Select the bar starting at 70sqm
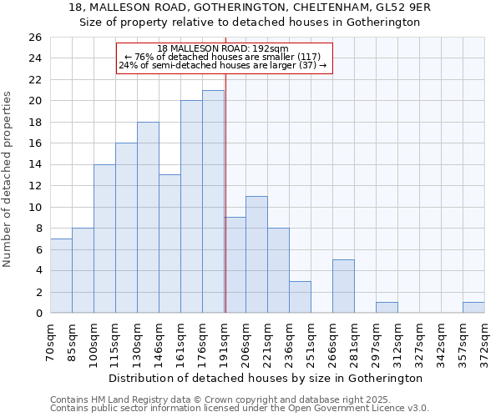(x=61, y=275)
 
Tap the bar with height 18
(x=148, y=217)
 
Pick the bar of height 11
(x=256, y=254)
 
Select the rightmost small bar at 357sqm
(x=473, y=307)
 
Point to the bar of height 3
(x=300, y=297)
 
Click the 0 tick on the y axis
(x=38, y=314)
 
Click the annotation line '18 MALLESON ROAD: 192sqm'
(x=223, y=48)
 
